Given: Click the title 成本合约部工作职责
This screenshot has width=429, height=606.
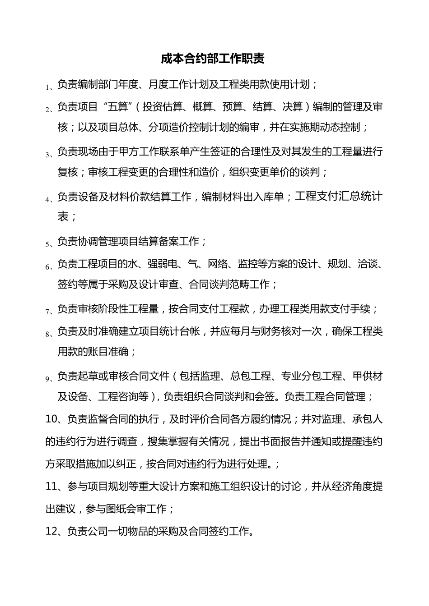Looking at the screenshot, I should click(x=213, y=59).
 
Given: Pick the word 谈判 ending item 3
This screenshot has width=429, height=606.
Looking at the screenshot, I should click(x=311, y=172).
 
